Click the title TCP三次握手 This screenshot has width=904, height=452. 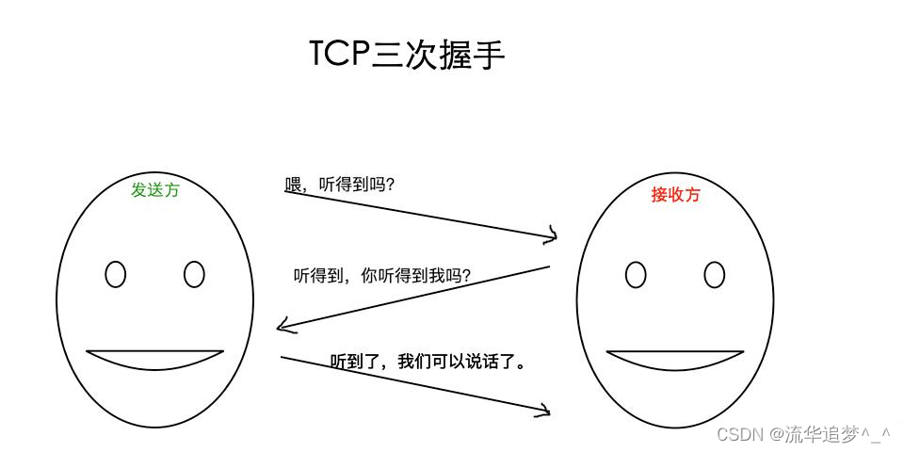tap(407, 54)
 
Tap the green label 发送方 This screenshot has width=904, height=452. tap(155, 189)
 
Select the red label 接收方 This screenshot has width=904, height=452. tap(675, 195)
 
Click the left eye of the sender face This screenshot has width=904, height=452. tap(115, 274)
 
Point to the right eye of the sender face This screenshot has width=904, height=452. tap(194, 274)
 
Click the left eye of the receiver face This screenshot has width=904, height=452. tap(636, 275)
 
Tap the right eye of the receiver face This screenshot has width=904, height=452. tap(715, 275)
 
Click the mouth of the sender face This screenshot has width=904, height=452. tap(155, 359)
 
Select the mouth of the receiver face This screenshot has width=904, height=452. tap(675, 360)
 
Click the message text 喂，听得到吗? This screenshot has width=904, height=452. tap(339, 185)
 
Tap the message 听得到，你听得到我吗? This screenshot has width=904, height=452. tap(382, 276)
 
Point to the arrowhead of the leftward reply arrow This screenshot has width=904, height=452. tap(282, 328)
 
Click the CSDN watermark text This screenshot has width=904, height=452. tap(739, 434)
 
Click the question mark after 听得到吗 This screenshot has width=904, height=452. tap(390, 185)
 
